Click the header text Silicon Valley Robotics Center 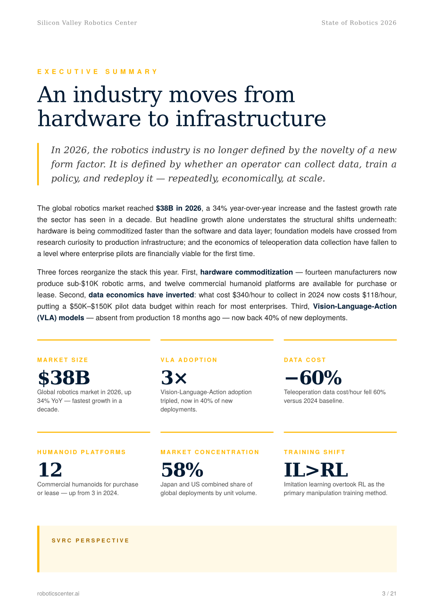(x=87, y=23)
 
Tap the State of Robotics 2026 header (x=359, y=23)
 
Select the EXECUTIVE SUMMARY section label (x=97, y=72)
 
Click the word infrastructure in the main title (x=250, y=118)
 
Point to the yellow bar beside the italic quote (x=38, y=164)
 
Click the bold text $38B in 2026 (x=178, y=208)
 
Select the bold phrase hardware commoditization (x=246, y=272)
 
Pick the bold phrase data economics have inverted (x=141, y=295)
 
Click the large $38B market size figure (x=64, y=377)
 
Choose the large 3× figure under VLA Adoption (x=174, y=377)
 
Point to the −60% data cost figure (x=313, y=377)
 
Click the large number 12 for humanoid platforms (x=50, y=470)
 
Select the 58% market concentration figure (x=182, y=470)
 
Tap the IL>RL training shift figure (x=316, y=470)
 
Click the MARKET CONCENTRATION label (x=210, y=452)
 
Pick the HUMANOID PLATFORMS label (x=82, y=452)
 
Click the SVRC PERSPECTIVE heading (x=90, y=540)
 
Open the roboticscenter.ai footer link (x=58, y=593)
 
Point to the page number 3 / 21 (x=389, y=593)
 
